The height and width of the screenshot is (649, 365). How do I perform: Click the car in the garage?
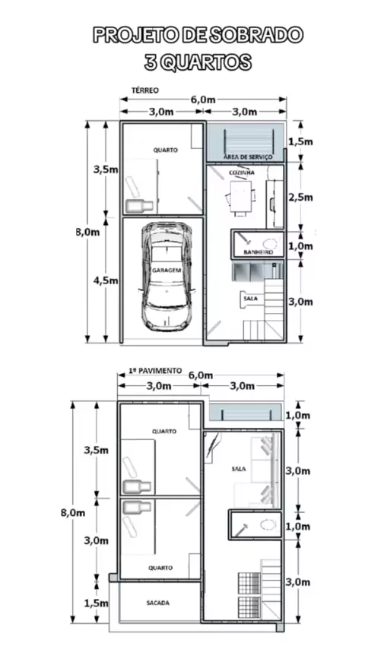(167, 277)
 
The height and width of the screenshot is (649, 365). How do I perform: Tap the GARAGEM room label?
(167, 270)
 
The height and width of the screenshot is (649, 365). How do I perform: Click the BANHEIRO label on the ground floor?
(257, 252)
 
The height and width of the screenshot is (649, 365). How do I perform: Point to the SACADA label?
(158, 603)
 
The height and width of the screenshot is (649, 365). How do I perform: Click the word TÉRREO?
(145, 90)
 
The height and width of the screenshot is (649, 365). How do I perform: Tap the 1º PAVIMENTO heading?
(155, 370)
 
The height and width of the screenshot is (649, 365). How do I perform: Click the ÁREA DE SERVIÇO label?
(248, 157)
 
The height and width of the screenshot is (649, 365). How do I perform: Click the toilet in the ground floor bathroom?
(271, 244)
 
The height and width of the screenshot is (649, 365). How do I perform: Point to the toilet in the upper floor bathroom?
(268, 525)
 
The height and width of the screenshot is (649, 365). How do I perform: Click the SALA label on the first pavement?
(239, 469)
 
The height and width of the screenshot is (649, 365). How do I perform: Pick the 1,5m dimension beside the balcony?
(96, 603)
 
